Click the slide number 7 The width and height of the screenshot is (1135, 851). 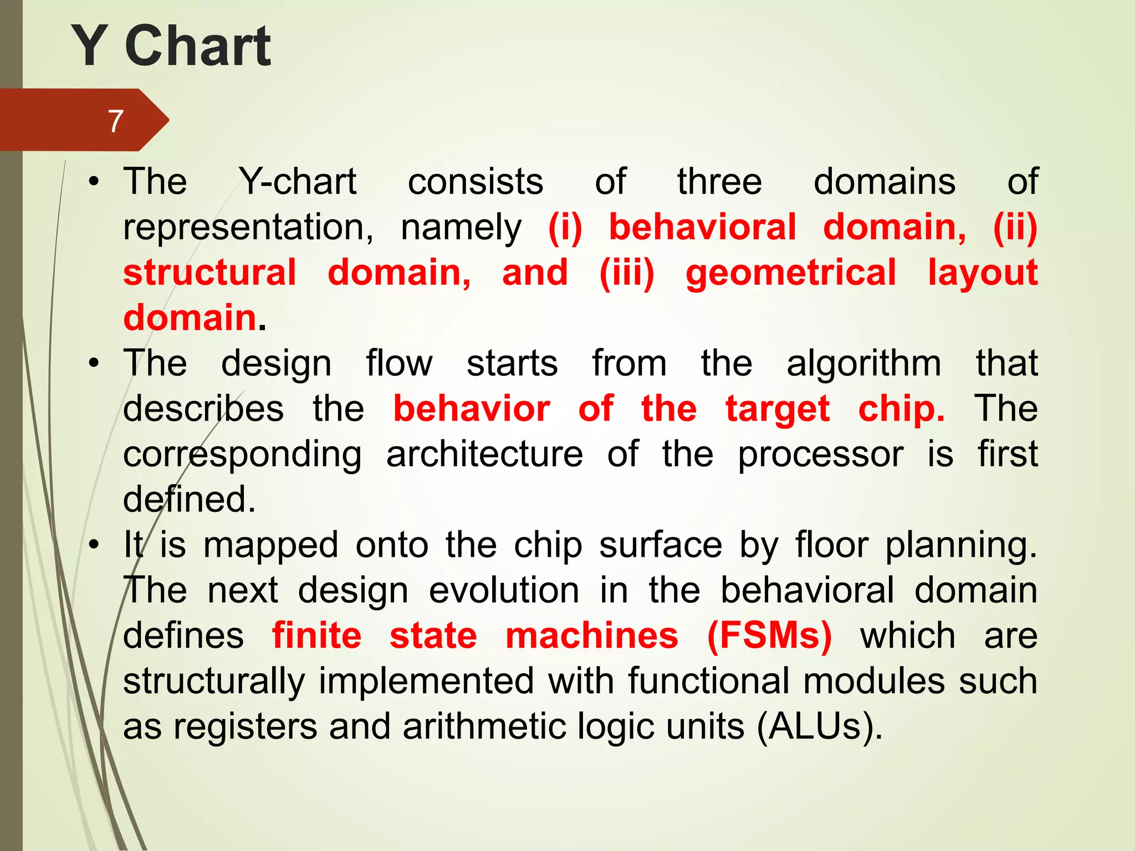pyautogui.click(x=115, y=121)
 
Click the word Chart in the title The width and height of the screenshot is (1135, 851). pyautogui.click(x=198, y=47)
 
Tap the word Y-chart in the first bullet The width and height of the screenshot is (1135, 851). pyautogui.click(x=298, y=182)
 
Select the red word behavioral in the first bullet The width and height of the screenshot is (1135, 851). pyautogui.click(x=702, y=227)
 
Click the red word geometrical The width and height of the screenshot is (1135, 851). pyautogui.click(x=790, y=273)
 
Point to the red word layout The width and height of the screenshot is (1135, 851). pyautogui.click(x=983, y=273)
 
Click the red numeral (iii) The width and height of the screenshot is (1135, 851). pyautogui.click(x=627, y=273)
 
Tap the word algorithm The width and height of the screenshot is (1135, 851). pyautogui.click(x=863, y=363)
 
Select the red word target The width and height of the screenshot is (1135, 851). pyautogui.click(x=778, y=409)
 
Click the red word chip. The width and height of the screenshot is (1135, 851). pyautogui.click(x=901, y=409)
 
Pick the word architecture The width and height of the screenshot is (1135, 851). pyautogui.click(x=484, y=454)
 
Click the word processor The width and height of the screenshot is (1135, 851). pyautogui.click(x=820, y=454)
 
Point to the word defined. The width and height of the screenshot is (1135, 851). pyautogui.click(x=189, y=500)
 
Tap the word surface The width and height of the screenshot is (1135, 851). pyautogui.click(x=661, y=545)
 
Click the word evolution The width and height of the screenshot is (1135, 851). pyautogui.click(x=504, y=591)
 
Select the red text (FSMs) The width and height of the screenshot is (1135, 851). pyautogui.click(x=769, y=636)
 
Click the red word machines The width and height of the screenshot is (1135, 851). pyautogui.click(x=591, y=636)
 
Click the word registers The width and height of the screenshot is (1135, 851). pyautogui.click(x=246, y=727)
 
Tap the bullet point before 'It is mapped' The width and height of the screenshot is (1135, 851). pyautogui.click(x=94, y=545)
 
